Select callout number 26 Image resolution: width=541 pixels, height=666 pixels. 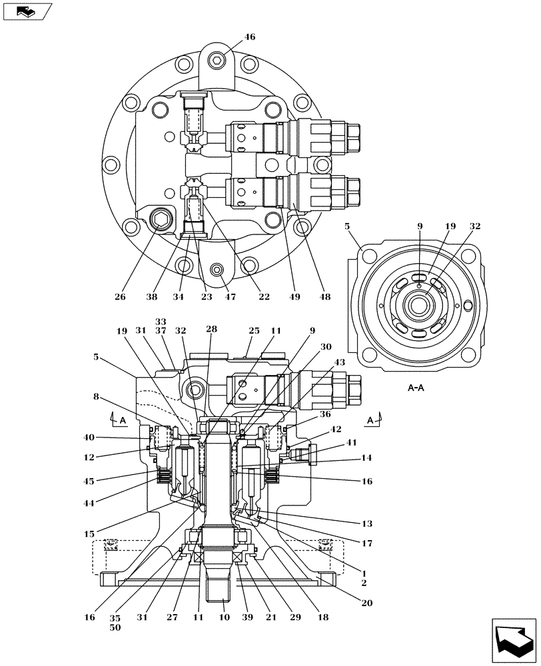tap(119, 297)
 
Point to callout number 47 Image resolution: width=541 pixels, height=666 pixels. tap(231, 297)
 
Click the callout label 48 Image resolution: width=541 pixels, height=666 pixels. tap(324, 297)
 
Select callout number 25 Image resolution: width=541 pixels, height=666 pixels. tap(254, 330)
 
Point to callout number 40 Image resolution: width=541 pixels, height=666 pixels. tap(89, 438)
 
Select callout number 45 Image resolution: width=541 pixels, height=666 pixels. tap(89, 481)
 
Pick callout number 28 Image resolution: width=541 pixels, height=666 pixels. tap(211, 330)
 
